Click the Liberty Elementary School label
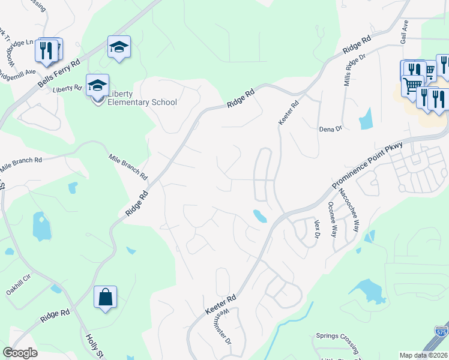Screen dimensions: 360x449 coord(142,97)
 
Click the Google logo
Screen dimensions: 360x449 coord(20,353)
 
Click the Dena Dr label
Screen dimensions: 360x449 coord(330,128)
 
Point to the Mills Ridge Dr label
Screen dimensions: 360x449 coord(355,69)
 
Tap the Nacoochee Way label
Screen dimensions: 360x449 coord(349,210)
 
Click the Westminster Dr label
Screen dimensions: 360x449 coord(221,325)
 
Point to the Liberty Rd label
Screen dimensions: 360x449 coord(67,88)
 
